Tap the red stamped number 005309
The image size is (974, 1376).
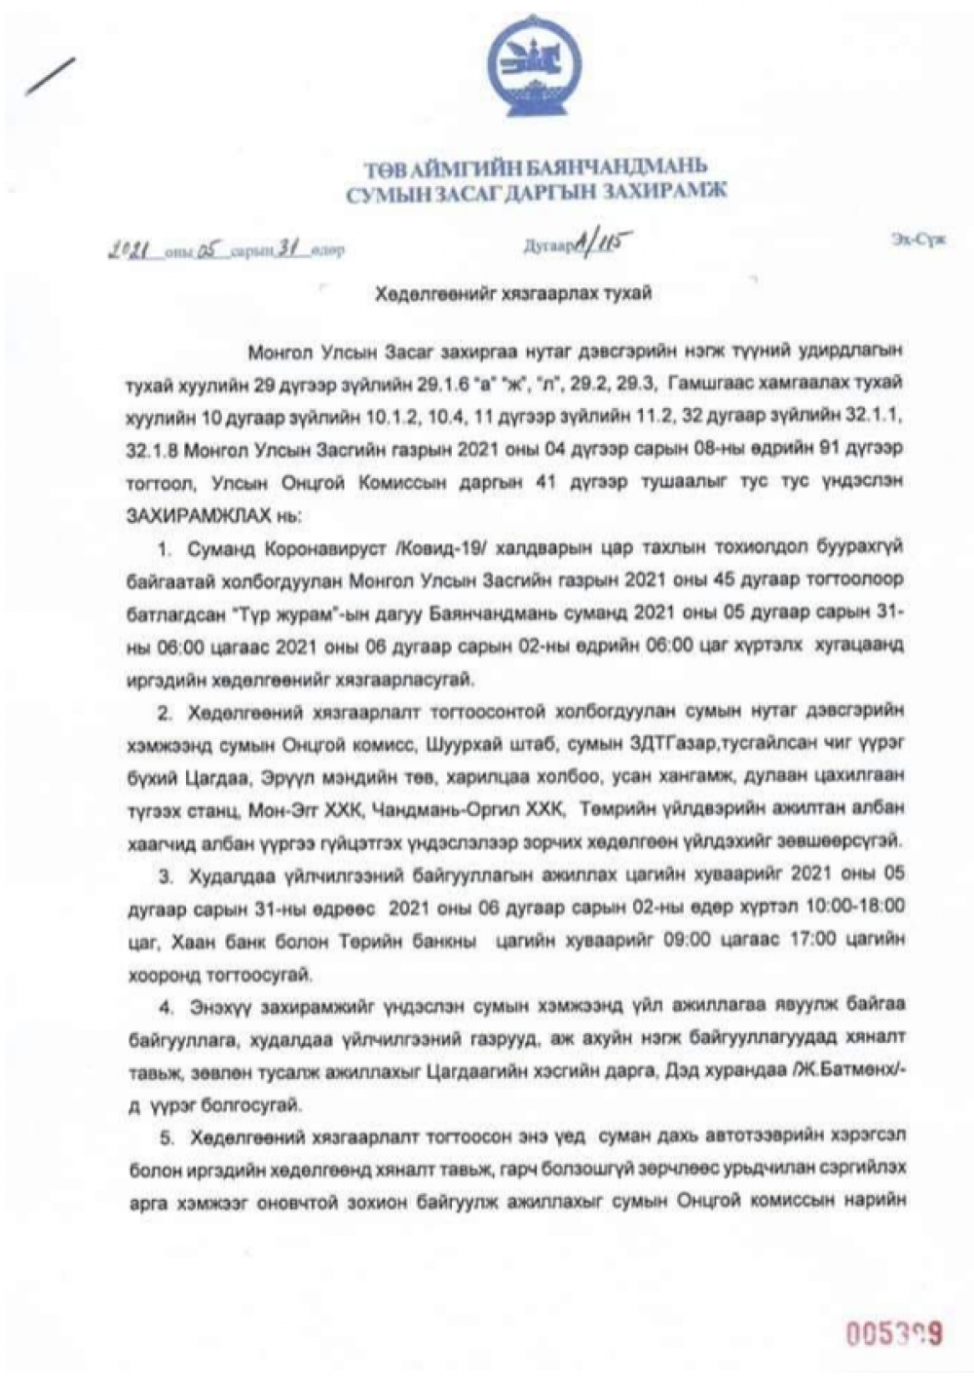pos(893,1333)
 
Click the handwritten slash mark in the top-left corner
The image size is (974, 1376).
pos(52,76)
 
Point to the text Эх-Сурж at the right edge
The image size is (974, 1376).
pos(917,241)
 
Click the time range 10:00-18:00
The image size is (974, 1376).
pos(856,906)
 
